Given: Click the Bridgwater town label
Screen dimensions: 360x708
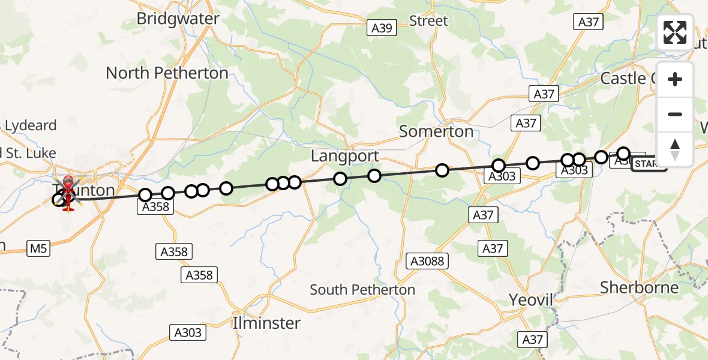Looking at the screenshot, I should [178, 19].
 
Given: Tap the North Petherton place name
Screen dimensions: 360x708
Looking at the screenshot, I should [167, 73].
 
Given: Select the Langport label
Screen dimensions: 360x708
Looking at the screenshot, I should [344, 157].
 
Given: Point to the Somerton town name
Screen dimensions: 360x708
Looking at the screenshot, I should [436, 131].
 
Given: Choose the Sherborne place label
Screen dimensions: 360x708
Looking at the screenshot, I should [640, 287].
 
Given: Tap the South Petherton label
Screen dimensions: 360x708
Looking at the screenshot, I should [362, 290].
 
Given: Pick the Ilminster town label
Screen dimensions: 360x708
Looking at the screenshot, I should [266, 323].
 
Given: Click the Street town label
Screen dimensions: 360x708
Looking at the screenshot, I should [428, 21].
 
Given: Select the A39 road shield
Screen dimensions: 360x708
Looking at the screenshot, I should [380, 28].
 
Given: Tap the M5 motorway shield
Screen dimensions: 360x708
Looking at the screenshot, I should [39, 248].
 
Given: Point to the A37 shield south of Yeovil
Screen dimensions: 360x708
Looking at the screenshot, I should [532, 340].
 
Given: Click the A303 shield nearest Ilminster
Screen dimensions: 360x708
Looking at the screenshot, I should [188, 332].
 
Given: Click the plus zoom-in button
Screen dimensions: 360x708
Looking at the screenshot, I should [675, 79].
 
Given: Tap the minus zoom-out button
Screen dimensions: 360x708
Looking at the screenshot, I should [675, 114].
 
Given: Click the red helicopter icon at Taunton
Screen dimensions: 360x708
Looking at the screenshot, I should [68, 192].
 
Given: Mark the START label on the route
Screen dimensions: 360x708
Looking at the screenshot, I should [648, 164].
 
